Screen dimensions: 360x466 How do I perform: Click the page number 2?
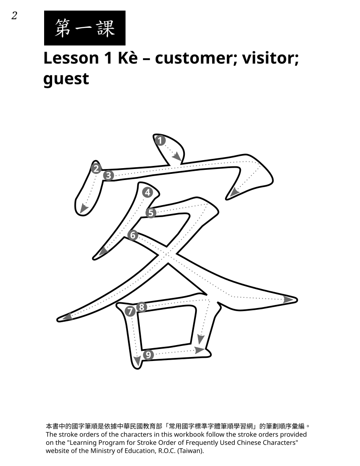[x=14, y=15]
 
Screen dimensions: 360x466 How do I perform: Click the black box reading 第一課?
[x=85, y=28]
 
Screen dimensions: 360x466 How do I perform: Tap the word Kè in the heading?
[x=128, y=58]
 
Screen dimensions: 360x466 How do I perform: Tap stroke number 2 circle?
[x=96, y=169]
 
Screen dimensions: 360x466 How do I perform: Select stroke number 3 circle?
[x=109, y=175]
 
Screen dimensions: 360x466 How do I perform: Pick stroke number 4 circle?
[x=148, y=192]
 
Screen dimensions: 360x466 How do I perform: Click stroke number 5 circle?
[x=151, y=213]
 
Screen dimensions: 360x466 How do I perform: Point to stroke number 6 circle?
[x=133, y=235]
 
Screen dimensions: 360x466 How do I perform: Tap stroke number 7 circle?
[x=130, y=312]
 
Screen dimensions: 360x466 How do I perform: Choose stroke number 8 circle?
[x=142, y=307]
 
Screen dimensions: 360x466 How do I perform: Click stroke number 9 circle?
[x=148, y=355]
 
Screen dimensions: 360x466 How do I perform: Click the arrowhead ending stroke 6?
[x=288, y=300]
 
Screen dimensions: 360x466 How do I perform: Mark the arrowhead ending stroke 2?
[x=84, y=209]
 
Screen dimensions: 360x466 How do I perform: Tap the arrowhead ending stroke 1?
[x=177, y=156]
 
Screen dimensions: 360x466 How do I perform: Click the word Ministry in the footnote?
[x=103, y=451]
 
